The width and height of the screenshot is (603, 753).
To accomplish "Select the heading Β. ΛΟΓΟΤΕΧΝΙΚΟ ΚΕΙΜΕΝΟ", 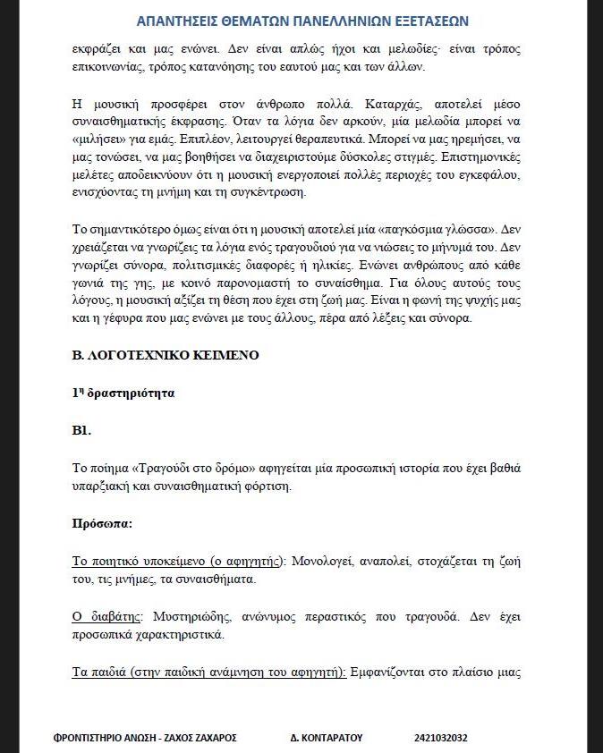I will coord(166,355).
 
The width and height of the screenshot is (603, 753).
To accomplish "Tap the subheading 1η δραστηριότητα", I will coord(123,393).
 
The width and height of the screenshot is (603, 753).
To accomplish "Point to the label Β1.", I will coord(82,430).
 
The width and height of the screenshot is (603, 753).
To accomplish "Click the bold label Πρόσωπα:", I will coord(102,523).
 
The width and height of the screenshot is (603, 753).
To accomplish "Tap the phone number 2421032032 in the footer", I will coord(440,738).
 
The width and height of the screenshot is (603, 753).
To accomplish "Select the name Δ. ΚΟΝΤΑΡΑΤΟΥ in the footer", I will coord(326,738).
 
